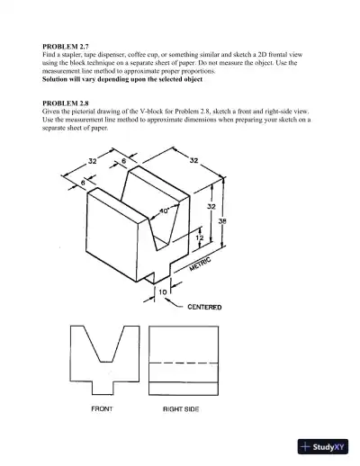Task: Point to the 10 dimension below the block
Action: coord(162,291)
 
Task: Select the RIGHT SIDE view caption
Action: coord(180,409)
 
